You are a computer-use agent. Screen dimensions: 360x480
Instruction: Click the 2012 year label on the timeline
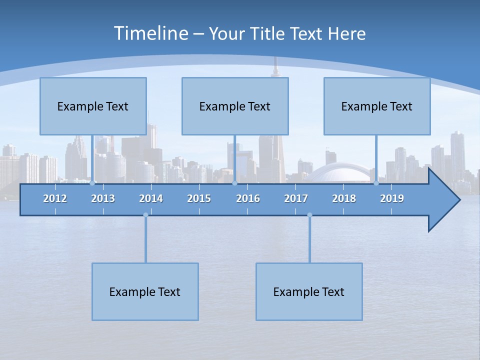[x=55, y=198]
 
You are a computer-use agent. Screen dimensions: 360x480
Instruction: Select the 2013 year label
[x=103, y=198]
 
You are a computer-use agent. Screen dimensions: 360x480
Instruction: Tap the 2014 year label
[x=151, y=198]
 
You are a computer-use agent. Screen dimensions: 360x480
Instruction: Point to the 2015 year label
[x=199, y=198]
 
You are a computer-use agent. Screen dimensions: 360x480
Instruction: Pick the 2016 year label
[x=248, y=198]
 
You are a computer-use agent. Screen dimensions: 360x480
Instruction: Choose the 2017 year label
[x=296, y=198]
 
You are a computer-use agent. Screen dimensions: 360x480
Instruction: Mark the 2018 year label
[x=344, y=198]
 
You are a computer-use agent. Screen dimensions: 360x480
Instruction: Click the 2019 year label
[x=392, y=198]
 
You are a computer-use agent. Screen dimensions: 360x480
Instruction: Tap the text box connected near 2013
[x=93, y=106]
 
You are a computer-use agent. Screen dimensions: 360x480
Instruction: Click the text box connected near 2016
[x=235, y=106]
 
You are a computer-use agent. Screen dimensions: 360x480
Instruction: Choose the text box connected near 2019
[x=377, y=106]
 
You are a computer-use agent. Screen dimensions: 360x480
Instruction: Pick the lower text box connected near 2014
[x=145, y=291]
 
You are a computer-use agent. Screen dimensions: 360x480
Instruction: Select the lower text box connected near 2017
[x=309, y=291]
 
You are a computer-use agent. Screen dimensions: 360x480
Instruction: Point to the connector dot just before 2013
[x=92, y=183]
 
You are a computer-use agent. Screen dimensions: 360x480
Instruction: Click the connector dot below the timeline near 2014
[x=145, y=215]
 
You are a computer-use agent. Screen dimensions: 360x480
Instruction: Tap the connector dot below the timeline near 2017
[x=309, y=215]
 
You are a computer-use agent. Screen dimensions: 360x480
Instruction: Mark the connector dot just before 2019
[x=376, y=183]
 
